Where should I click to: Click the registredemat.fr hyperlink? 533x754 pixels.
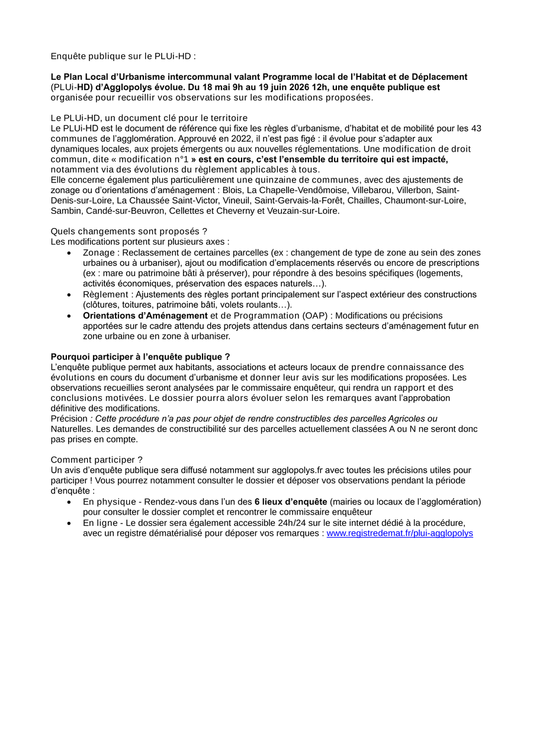tap(400, 533)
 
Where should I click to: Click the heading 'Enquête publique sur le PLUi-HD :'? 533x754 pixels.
tap(123, 56)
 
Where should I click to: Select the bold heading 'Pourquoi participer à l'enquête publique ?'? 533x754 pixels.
tap(140, 357)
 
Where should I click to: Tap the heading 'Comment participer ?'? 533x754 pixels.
tap(97, 460)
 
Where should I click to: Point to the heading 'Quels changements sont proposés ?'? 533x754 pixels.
tap(129, 231)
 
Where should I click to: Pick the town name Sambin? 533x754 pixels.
tap(65, 210)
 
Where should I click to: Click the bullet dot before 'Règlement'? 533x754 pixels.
tap(69, 294)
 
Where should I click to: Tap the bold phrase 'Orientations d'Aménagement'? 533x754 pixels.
tap(145, 316)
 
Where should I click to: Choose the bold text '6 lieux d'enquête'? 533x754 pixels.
tap(291, 502)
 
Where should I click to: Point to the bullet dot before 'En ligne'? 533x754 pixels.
tap(69, 523)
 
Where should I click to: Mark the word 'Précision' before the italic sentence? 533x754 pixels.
tap(69, 419)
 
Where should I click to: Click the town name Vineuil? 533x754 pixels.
tap(233, 200)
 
